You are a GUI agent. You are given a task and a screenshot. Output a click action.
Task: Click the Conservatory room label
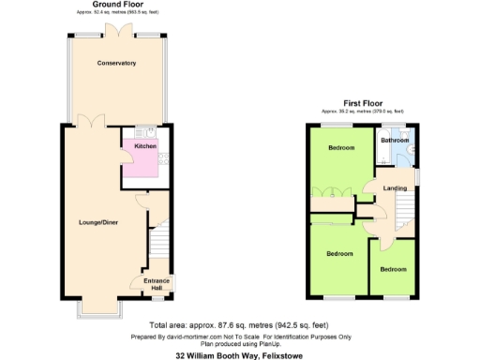(117, 63)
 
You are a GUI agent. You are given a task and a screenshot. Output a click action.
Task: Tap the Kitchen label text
(144, 146)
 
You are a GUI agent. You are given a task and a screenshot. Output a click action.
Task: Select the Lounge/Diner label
(97, 222)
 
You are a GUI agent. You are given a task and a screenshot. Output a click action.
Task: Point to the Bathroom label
(395, 140)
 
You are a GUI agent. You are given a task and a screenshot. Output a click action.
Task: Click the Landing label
(395, 188)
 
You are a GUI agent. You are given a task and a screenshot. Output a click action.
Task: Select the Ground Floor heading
(117, 5)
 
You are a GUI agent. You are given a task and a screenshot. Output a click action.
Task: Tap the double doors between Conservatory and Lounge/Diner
(90, 123)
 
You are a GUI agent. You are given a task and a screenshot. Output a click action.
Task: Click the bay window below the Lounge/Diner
(97, 310)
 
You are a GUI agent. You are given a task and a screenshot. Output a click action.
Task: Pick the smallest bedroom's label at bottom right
(393, 269)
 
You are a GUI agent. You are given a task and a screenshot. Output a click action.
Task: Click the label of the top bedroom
(340, 148)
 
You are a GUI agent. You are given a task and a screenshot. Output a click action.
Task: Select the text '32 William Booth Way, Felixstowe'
(232, 355)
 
